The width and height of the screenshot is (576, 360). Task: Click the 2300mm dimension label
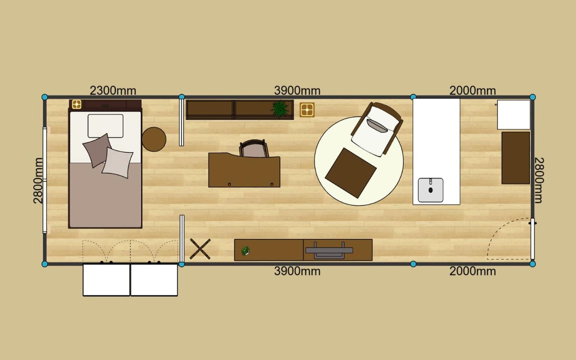113,91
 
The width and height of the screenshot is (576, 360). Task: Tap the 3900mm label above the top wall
297,91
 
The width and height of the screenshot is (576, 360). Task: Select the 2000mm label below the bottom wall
473,271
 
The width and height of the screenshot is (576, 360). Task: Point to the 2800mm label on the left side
38,181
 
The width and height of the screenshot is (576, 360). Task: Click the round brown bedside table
154,139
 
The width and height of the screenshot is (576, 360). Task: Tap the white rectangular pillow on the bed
105,126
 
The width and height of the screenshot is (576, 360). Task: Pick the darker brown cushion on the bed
97,150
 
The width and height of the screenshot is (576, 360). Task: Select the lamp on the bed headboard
77,105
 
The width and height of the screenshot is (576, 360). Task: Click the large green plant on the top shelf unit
279,108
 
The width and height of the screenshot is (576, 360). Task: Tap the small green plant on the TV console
245,251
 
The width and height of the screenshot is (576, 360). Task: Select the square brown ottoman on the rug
351,173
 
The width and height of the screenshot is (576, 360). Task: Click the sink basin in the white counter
430,190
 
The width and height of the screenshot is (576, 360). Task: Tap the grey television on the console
329,250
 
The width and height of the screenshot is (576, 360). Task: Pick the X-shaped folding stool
200,249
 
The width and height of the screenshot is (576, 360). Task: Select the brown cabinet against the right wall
516,158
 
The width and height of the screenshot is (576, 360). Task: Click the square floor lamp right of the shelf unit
307,110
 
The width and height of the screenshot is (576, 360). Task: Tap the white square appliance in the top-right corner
513,115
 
